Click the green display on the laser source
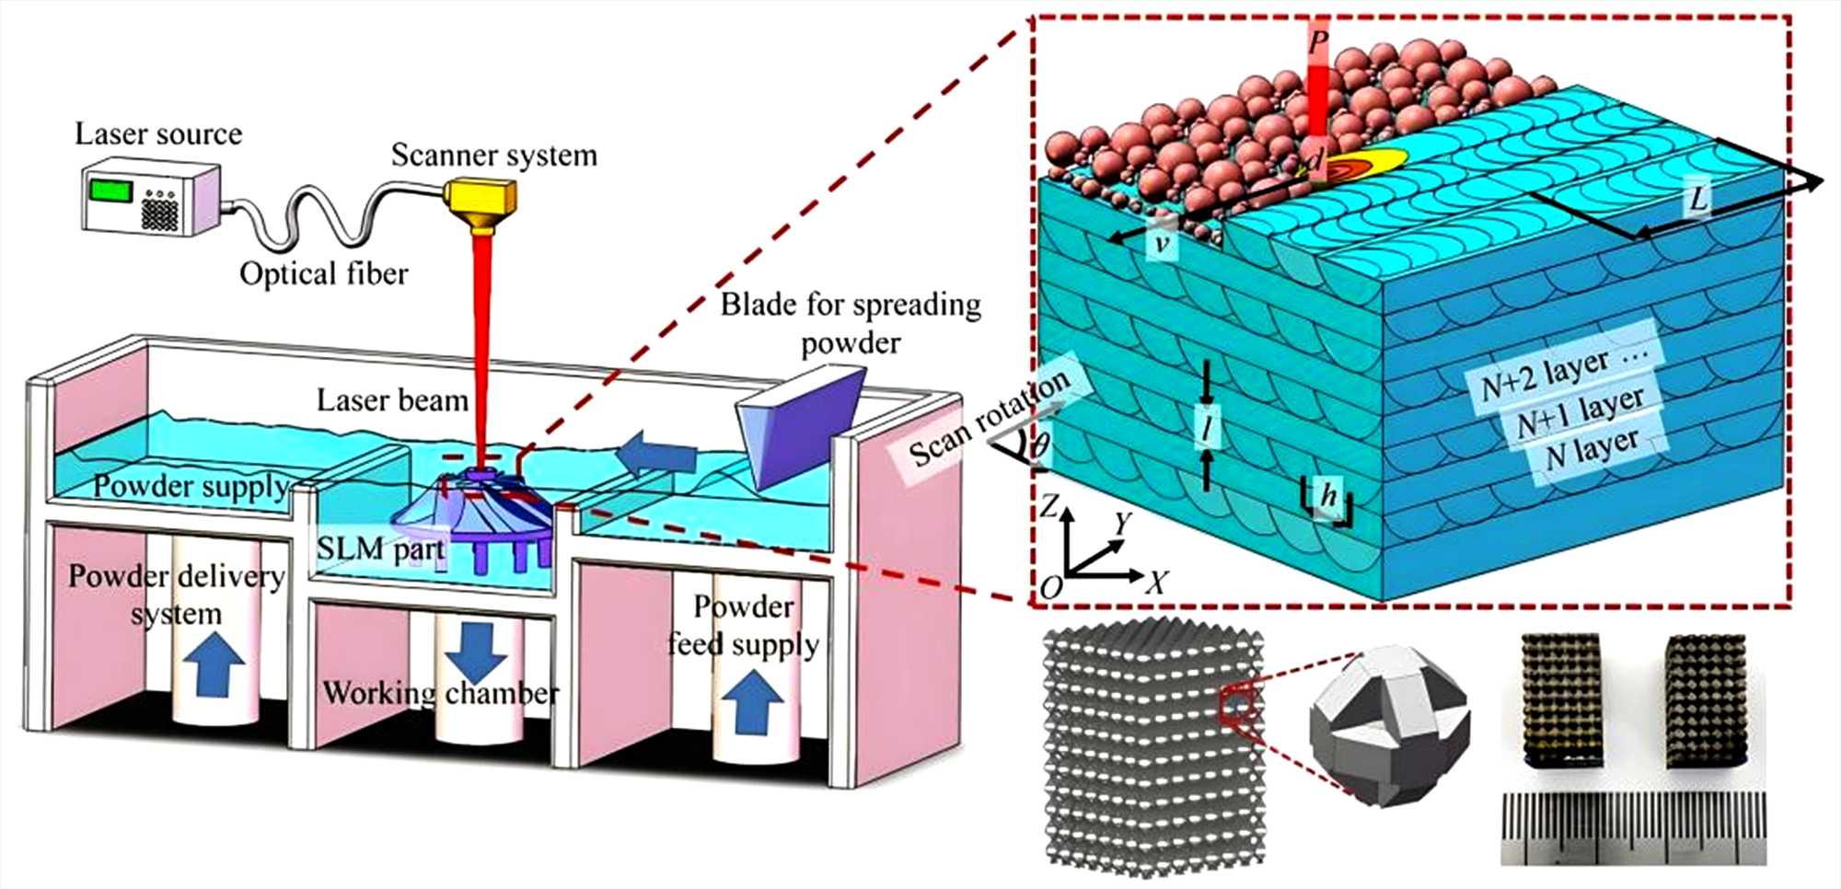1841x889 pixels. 110,190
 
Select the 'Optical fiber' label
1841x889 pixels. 323,273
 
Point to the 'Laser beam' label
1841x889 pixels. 392,399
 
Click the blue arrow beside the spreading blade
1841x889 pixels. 655,456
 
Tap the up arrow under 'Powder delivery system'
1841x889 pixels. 214,665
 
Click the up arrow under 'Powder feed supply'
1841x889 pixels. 753,701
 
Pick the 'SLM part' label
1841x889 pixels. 380,549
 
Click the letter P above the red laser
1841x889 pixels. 1318,41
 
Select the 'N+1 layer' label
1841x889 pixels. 1579,411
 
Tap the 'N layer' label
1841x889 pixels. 1592,450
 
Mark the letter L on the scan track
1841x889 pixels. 1698,198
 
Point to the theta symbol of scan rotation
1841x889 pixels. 1039,446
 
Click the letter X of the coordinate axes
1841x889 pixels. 1157,582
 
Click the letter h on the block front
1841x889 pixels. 1327,496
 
